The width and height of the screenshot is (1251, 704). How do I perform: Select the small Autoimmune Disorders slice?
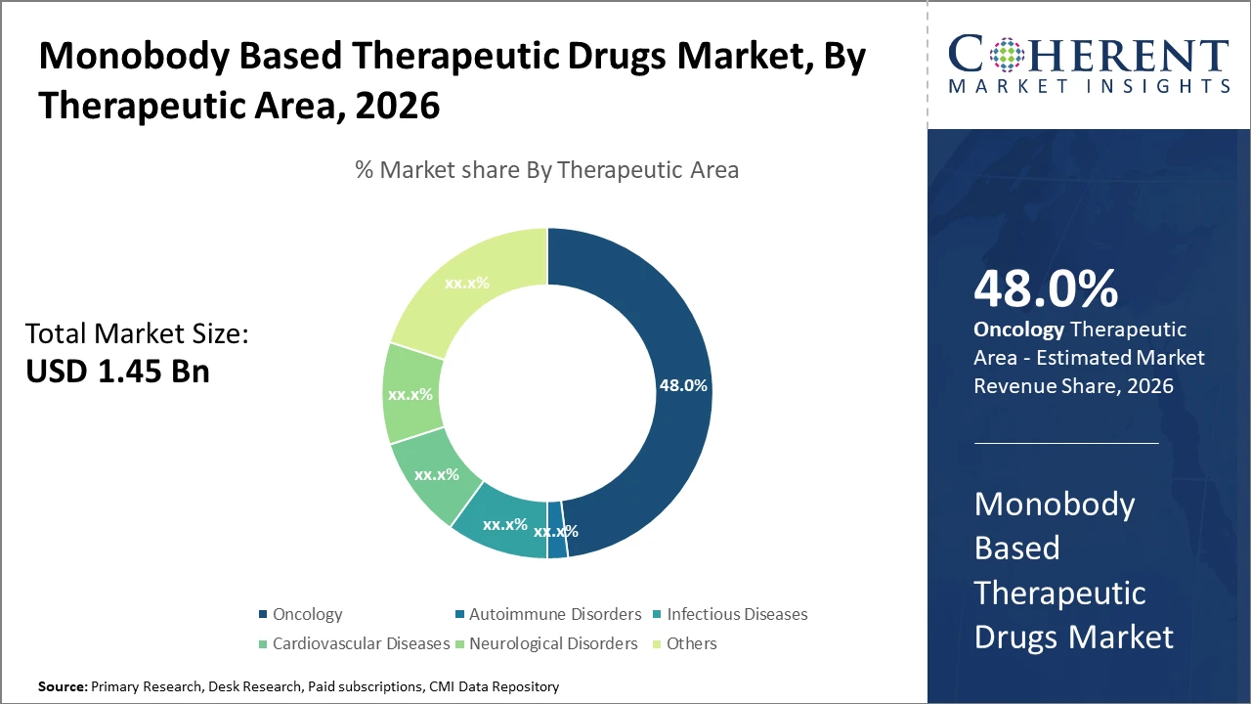557,544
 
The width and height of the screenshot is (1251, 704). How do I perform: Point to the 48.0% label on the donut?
683,385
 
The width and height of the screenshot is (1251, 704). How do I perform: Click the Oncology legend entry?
307,614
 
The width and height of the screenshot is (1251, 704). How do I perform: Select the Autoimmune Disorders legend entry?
554,614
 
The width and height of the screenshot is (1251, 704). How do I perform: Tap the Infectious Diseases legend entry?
736,614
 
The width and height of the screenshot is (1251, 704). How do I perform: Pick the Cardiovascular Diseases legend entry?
360,643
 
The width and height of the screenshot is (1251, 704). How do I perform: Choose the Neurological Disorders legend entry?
552,643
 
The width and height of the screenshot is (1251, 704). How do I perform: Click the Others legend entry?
691,643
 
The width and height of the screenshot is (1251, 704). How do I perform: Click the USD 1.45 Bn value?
117,372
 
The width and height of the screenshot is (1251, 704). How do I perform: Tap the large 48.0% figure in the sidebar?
1046,289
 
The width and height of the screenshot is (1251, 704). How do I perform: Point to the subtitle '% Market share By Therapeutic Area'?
546,170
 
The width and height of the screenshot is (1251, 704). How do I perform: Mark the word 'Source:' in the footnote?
63,687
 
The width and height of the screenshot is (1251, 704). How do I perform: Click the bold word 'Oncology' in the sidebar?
1017,330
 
